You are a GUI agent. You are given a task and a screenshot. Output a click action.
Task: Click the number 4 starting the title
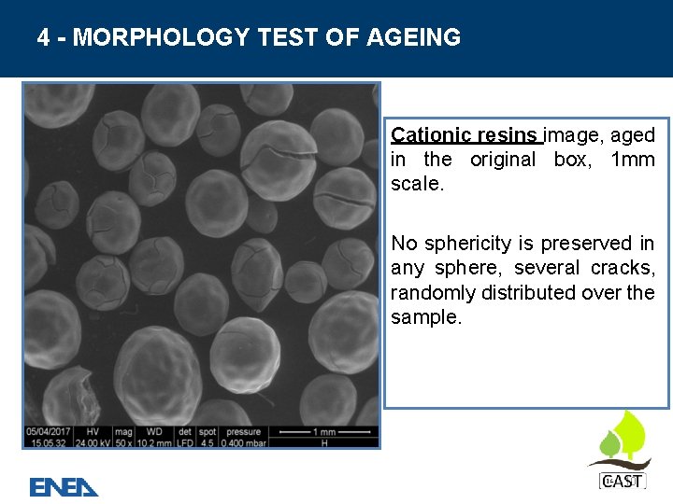coord(44,37)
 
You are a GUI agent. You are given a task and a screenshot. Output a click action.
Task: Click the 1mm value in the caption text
coord(632,160)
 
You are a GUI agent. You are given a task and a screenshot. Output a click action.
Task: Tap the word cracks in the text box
coord(620,268)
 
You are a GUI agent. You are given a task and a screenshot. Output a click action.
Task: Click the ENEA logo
coord(64,486)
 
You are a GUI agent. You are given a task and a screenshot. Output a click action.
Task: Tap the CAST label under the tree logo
coord(621,482)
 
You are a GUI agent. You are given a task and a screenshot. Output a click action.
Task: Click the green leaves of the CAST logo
coord(623,434)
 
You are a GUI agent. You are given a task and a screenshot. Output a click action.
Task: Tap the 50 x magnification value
coord(123,442)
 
